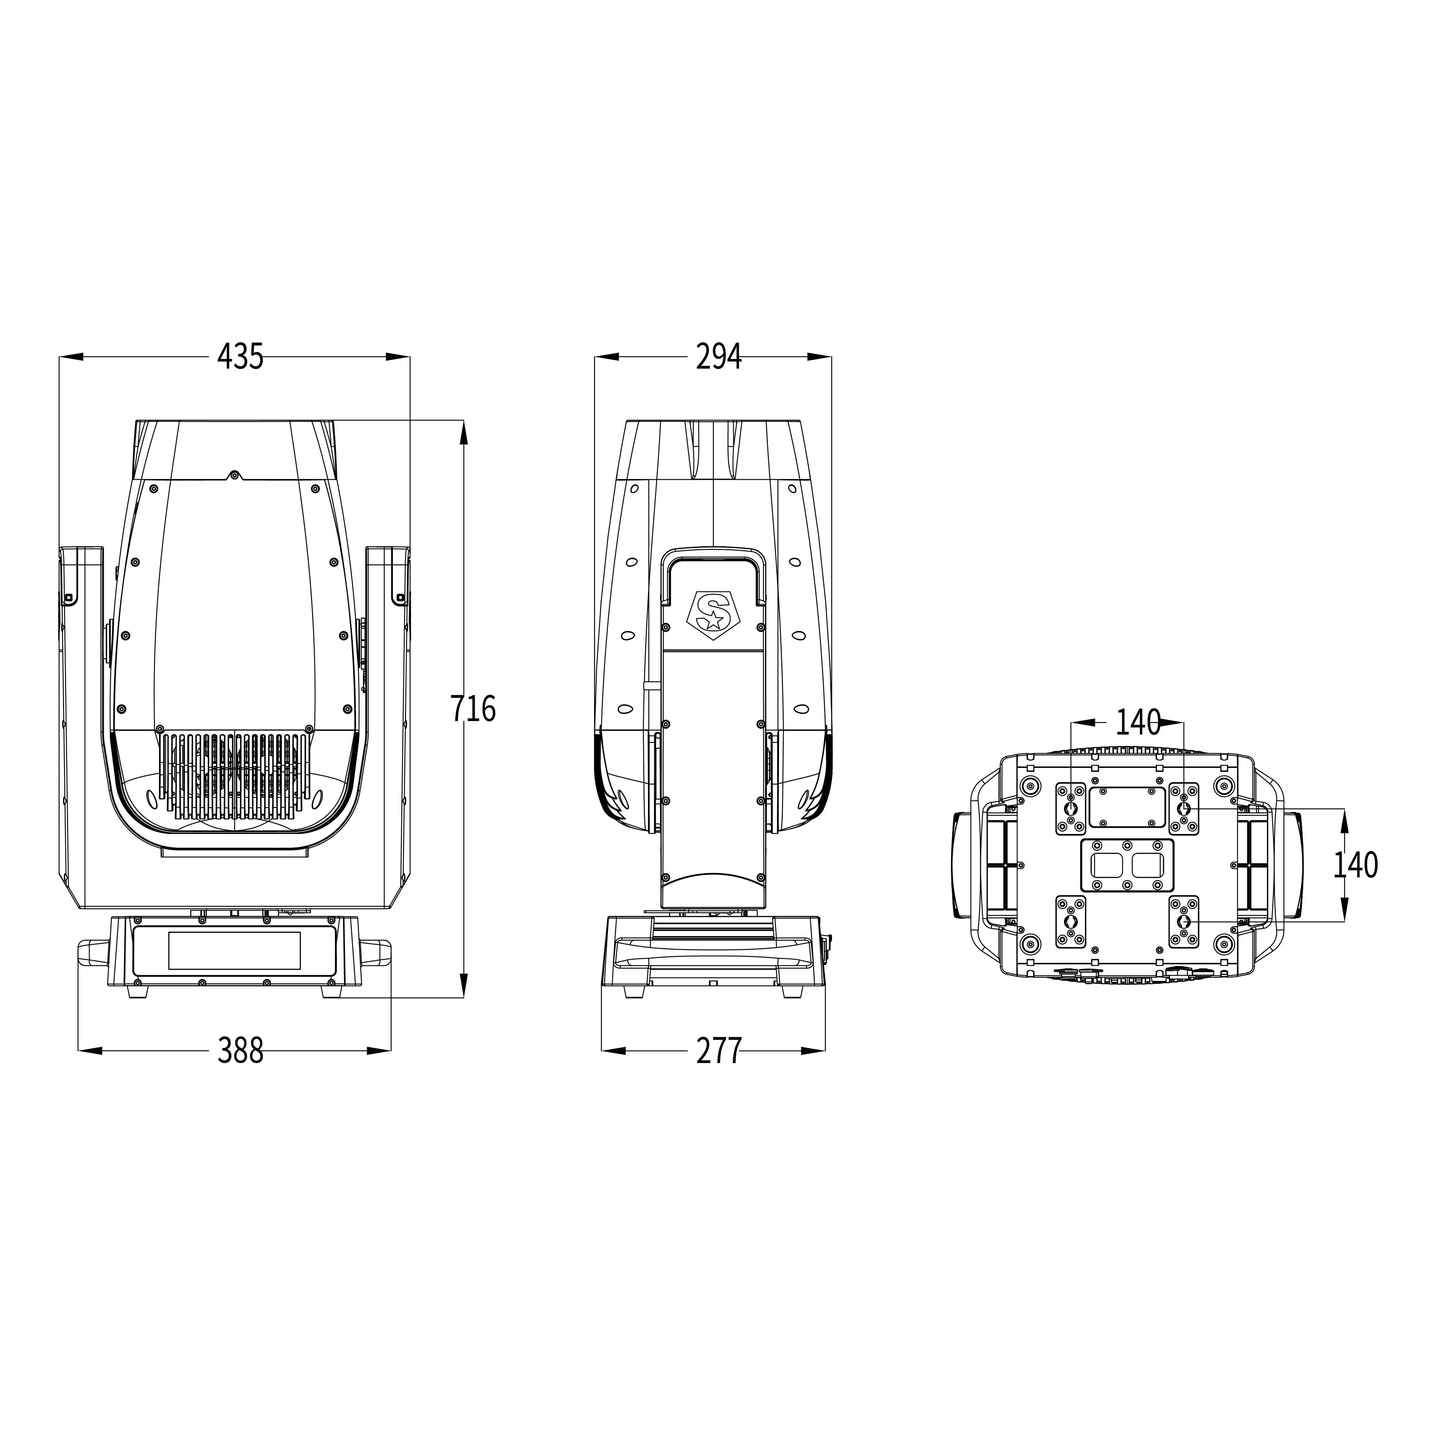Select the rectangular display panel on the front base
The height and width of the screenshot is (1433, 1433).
235,950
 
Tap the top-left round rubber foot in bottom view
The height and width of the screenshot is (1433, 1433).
1030,785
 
